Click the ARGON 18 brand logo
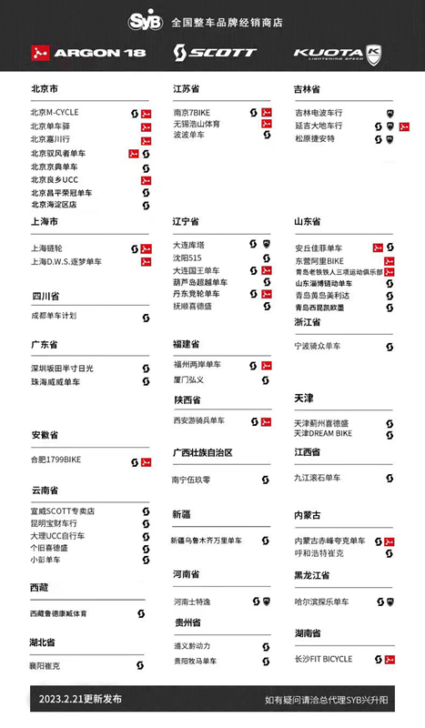click(x=88, y=53)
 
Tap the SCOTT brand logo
click(x=215, y=53)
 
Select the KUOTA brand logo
click(x=337, y=53)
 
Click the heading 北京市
click(x=45, y=89)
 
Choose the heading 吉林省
click(x=307, y=89)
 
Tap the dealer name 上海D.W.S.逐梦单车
click(x=66, y=262)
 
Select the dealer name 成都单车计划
click(x=54, y=317)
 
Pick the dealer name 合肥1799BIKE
click(x=56, y=460)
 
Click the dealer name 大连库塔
click(x=188, y=245)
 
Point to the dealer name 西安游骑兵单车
click(x=199, y=421)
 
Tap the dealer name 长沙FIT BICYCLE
click(x=325, y=659)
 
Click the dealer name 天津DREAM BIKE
click(x=323, y=434)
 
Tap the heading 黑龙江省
click(x=311, y=576)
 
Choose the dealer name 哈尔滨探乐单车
click(x=321, y=602)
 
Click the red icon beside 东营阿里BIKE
click(x=390, y=261)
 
